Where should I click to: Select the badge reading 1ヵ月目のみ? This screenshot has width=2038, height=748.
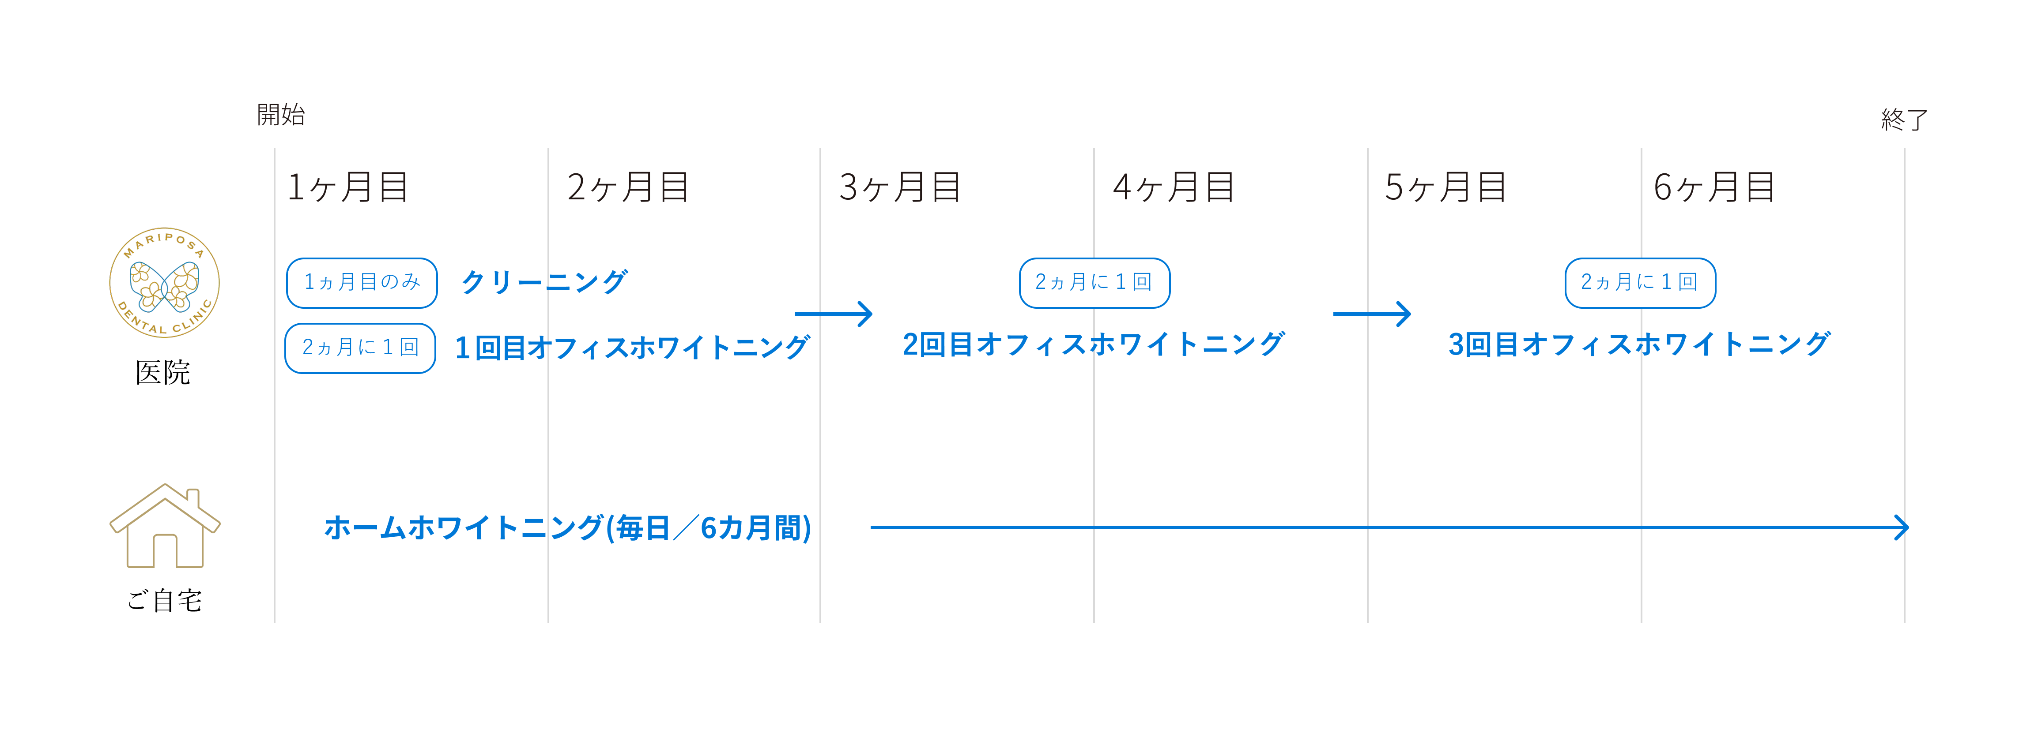tap(362, 282)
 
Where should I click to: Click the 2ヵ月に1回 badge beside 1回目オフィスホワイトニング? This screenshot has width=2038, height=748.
tap(360, 348)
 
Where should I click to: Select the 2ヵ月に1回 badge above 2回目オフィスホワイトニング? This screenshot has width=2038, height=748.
tap(1094, 282)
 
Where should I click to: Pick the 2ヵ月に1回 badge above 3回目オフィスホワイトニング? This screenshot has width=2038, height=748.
tap(1640, 282)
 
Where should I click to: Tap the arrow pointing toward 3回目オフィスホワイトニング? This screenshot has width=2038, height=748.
tap(1372, 314)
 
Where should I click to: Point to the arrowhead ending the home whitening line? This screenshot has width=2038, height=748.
tap(1901, 527)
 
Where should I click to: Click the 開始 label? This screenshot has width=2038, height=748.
tap(281, 115)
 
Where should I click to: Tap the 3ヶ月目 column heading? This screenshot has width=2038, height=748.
tap(899, 187)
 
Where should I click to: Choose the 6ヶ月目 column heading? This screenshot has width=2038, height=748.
tap(1713, 187)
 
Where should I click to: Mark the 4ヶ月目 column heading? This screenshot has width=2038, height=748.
tap(1173, 187)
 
